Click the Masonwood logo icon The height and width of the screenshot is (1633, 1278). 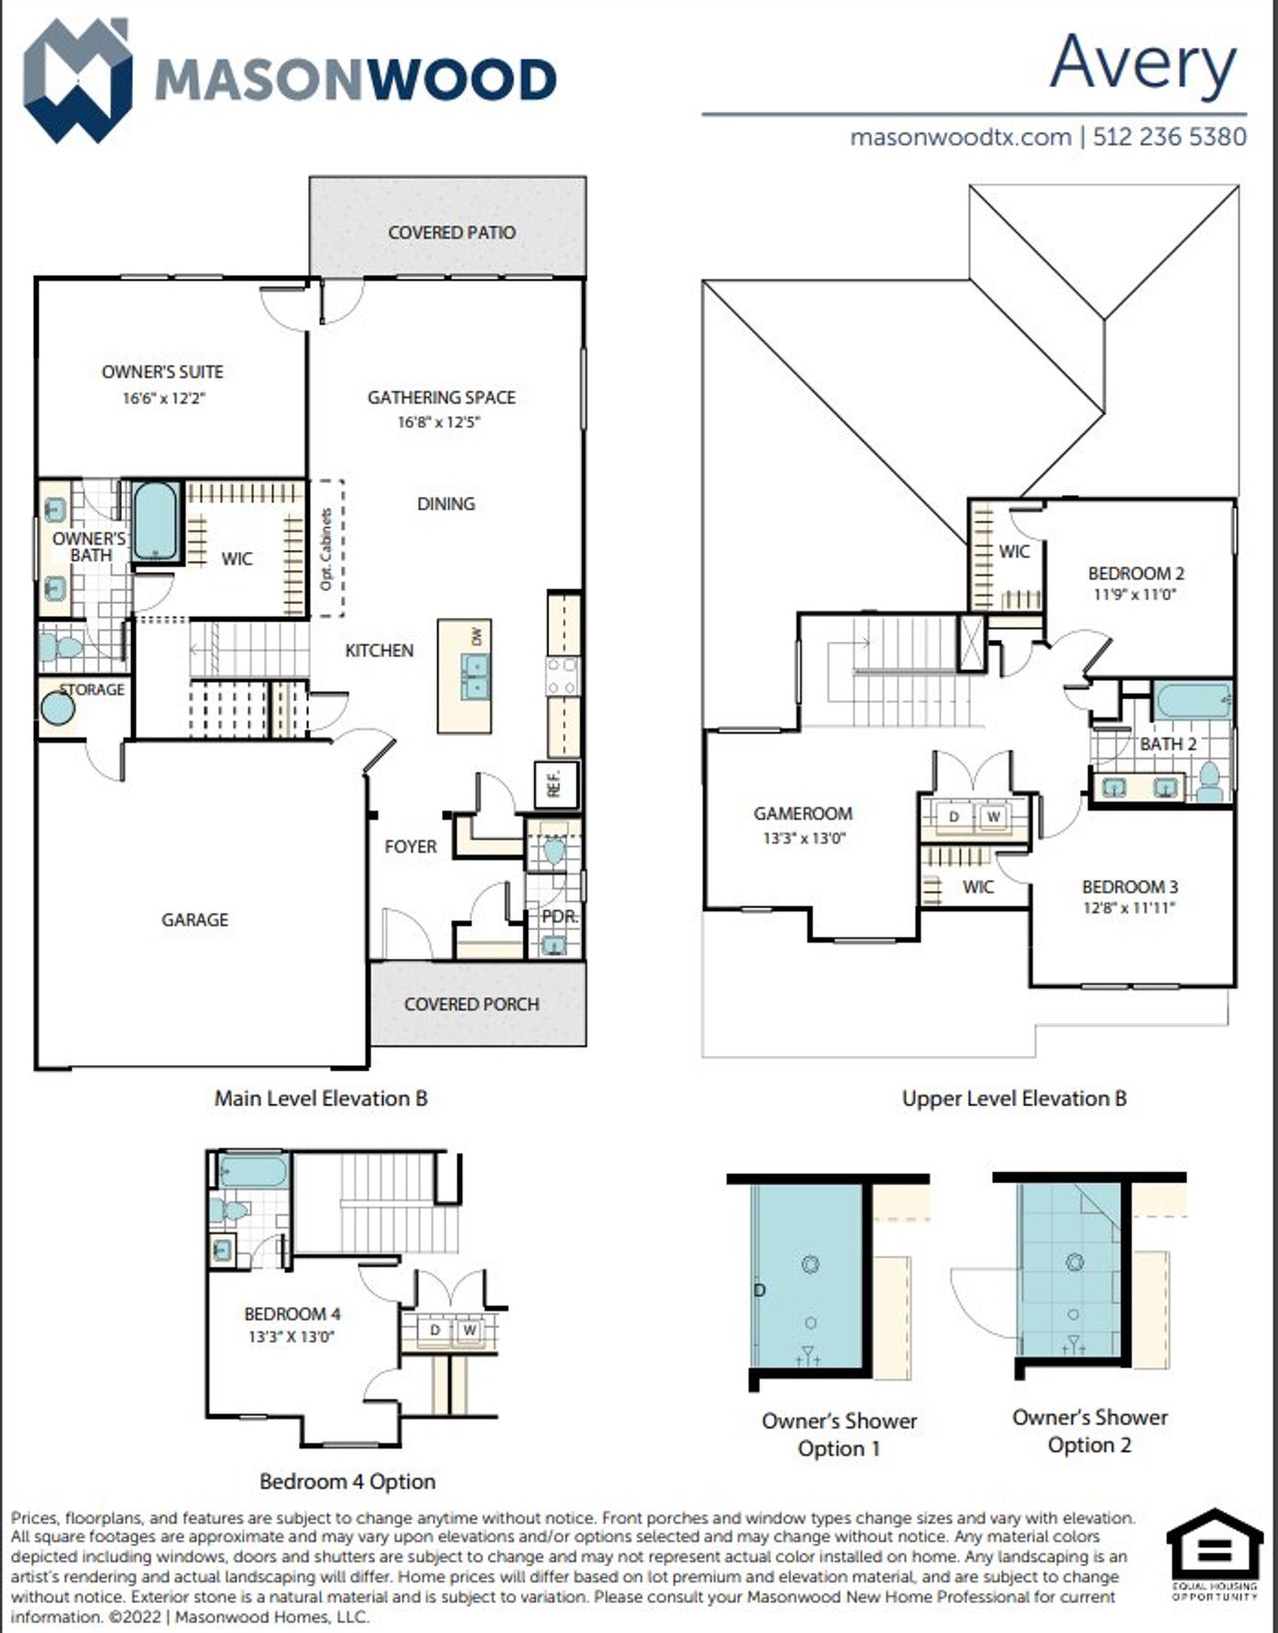point(77,80)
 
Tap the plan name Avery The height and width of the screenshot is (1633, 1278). point(1142,64)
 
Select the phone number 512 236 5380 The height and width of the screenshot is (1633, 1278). point(1169,137)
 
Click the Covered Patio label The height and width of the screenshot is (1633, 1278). point(451,233)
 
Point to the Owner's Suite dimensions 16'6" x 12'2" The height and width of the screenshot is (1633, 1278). point(163,397)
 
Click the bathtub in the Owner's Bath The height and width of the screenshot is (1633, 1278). point(157,521)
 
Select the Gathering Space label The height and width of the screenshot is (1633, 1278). point(441,397)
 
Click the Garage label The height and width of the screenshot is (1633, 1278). point(195,919)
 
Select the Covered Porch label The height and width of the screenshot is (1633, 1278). point(471,1004)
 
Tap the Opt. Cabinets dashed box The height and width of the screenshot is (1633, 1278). point(327,549)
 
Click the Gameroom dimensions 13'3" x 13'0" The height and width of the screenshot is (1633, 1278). point(804,838)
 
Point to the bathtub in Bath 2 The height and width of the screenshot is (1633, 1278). point(1192,701)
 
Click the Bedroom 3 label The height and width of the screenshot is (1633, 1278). point(1129,886)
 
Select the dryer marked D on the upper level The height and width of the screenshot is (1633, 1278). point(954,816)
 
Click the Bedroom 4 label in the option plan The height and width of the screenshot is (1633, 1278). point(292,1314)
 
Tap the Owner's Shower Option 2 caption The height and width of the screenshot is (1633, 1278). point(1089,1430)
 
